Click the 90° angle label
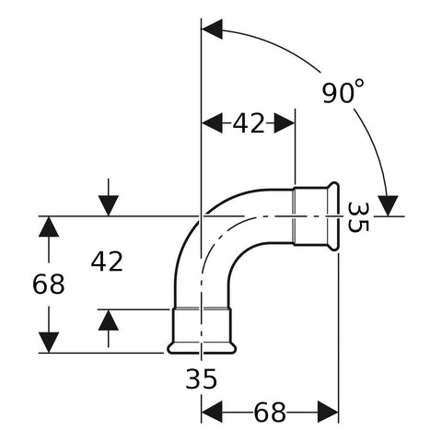point(343,91)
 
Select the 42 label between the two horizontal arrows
point(249,123)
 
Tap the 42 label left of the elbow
point(107,262)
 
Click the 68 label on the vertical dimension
point(49,285)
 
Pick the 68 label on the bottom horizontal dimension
point(270,413)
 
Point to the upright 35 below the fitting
point(202,378)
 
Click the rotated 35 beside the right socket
point(358,217)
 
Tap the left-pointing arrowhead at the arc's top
point(212,29)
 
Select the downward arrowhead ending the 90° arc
point(388,205)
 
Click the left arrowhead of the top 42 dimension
point(212,123)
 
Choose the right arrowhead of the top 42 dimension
point(285,123)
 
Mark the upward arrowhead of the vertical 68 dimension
point(49,227)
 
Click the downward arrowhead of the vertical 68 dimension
point(49,343)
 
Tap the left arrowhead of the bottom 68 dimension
point(212,412)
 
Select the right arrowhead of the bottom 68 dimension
point(328,412)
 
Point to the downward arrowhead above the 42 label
point(109,205)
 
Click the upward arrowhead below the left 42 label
point(109,320)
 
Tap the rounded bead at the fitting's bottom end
point(202,348)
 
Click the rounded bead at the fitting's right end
point(333,216)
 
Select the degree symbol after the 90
point(360,84)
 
